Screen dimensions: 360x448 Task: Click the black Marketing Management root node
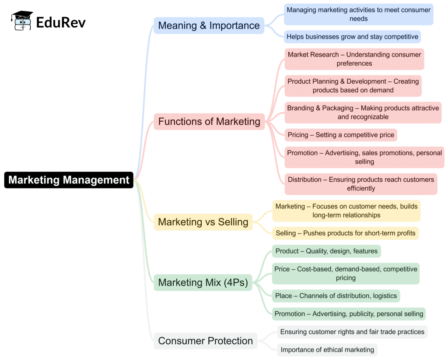click(x=69, y=180)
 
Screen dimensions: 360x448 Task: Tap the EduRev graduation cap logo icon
click(x=22, y=21)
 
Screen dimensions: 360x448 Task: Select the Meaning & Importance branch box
click(x=209, y=25)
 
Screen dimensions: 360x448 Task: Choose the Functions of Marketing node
click(x=209, y=121)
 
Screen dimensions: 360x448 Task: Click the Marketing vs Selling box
click(x=203, y=222)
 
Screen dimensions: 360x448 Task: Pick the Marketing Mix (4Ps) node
click(x=203, y=282)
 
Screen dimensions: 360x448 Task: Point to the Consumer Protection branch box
click(x=205, y=341)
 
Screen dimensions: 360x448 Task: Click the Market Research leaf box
click(x=354, y=59)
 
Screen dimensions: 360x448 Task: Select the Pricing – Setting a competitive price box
click(x=341, y=135)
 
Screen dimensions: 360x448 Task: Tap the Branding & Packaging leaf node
click(x=363, y=113)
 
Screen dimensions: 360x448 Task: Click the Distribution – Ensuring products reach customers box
click(x=360, y=184)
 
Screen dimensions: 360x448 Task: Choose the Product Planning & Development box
click(x=353, y=86)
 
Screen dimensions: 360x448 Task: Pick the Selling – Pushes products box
click(x=345, y=233)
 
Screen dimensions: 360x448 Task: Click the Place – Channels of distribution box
click(x=336, y=296)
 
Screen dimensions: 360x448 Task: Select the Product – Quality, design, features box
click(x=326, y=251)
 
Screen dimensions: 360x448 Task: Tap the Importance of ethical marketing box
click(x=327, y=349)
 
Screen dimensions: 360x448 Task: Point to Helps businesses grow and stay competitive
click(x=352, y=37)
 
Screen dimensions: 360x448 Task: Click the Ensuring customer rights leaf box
click(x=352, y=332)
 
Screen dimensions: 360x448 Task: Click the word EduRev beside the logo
click(x=61, y=22)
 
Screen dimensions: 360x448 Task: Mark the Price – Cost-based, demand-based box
click(x=346, y=273)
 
